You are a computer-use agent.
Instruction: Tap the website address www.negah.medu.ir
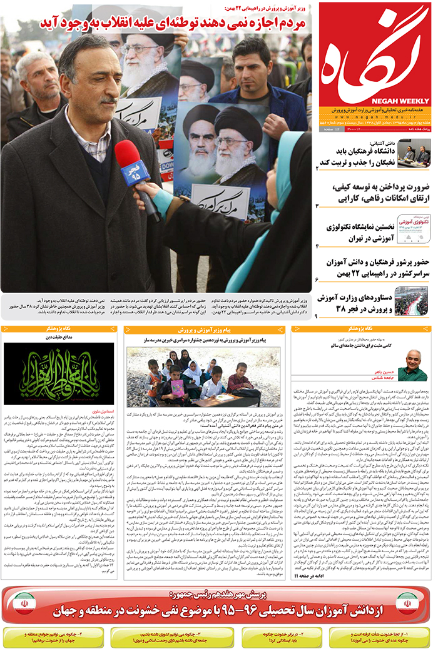[375, 116]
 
